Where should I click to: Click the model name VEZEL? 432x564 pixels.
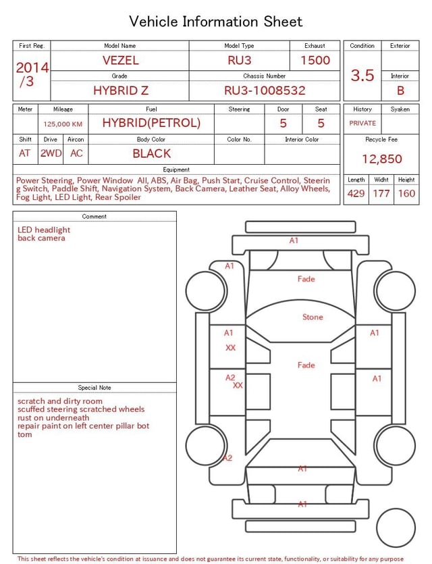[120, 60]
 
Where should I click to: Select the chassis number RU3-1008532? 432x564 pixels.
[265, 91]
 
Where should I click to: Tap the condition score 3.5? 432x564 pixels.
[362, 75]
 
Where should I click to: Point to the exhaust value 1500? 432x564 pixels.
[315, 60]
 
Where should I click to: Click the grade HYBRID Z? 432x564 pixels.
[121, 91]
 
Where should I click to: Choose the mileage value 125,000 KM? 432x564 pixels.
[63, 124]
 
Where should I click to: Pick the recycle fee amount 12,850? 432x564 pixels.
[381, 159]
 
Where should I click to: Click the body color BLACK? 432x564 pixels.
[152, 153]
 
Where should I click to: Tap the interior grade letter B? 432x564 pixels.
[400, 91]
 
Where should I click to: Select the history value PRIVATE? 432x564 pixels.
[362, 123]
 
